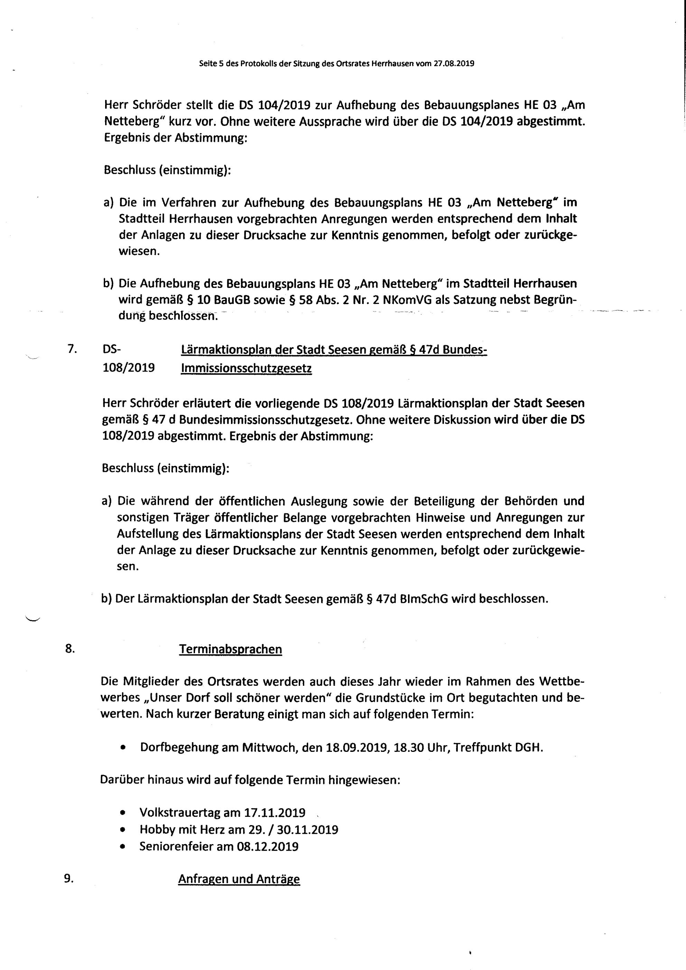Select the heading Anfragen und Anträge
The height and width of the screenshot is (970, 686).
tap(239, 879)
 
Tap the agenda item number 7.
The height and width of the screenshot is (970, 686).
tap(72, 349)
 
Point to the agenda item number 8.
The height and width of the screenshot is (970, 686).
tap(70, 649)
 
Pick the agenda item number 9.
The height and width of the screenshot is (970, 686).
tap(69, 878)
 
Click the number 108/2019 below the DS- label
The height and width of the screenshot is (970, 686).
tap(129, 367)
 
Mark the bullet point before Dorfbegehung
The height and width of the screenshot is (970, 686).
tap(123, 748)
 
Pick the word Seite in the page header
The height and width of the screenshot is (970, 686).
tap(207, 64)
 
